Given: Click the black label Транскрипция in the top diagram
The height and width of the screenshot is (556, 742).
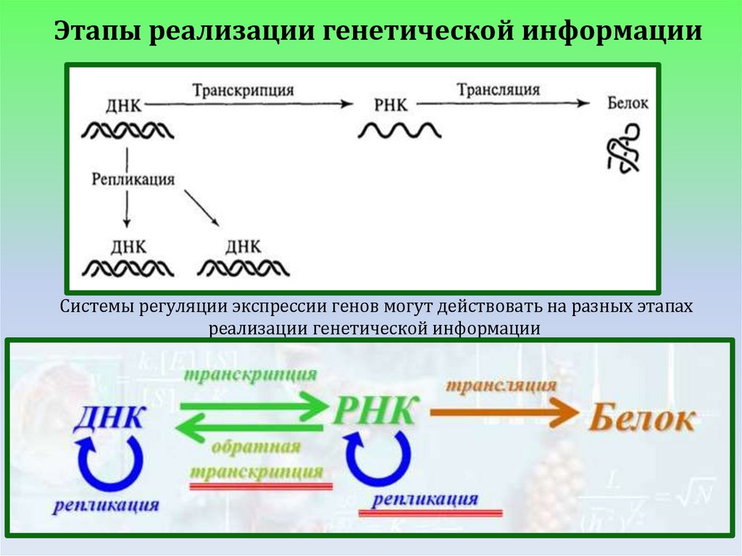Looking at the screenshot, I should click(x=243, y=91).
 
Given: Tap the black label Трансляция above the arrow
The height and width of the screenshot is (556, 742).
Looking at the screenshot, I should click(x=498, y=90).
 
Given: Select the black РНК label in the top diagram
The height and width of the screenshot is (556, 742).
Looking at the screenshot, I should click(x=391, y=105).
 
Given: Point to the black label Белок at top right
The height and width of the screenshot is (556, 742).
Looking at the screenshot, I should click(x=628, y=104).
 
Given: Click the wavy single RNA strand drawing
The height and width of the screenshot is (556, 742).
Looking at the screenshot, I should click(x=399, y=131).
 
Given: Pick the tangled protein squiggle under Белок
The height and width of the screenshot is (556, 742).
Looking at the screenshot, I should click(x=622, y=149).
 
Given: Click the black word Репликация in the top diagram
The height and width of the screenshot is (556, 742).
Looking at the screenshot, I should click(x=133, y=179).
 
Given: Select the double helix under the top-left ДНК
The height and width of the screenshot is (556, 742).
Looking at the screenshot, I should click(x=126, y=131).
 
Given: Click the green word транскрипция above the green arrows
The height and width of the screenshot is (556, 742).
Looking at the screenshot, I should click(x=250, y=375).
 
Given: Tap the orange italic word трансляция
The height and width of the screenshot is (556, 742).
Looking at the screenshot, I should click(x=501, y=385).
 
